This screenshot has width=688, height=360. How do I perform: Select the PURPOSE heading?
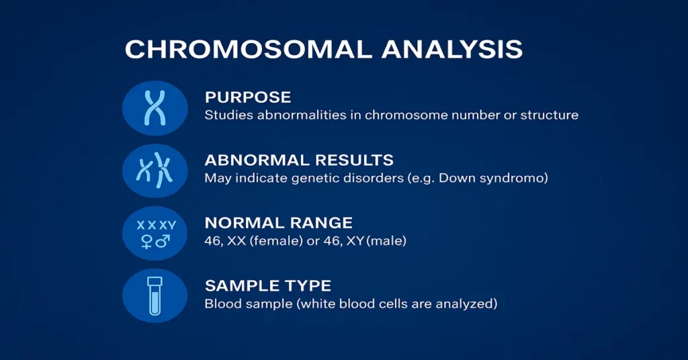tap(248, 97)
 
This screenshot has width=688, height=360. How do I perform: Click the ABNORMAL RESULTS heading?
tap(299, 161)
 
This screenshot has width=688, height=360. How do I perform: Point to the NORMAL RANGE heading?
tap(278, 223)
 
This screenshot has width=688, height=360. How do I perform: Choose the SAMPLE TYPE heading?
tap(268, 285)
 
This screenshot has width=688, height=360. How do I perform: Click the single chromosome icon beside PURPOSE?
tap(155, 107)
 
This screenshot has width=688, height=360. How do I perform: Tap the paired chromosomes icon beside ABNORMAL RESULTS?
tap(155, 170)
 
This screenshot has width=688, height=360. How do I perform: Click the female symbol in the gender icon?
tap(146, 241)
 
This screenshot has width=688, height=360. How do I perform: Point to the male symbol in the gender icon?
tap(163, 241)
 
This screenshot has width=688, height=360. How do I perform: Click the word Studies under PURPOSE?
tap(226, 115)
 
